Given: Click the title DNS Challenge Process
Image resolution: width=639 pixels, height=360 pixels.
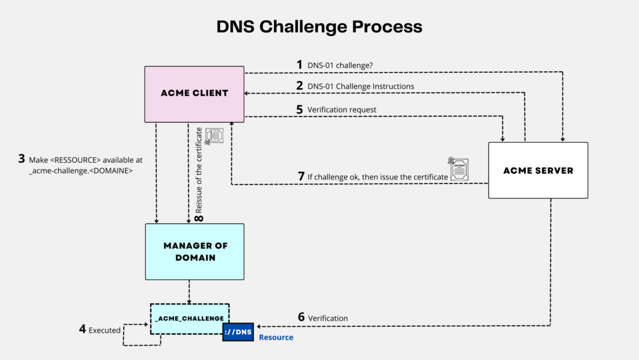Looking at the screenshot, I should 319,27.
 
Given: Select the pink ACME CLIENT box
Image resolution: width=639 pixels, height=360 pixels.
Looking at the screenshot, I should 194,94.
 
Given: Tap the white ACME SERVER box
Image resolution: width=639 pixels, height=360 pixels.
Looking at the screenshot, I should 538,170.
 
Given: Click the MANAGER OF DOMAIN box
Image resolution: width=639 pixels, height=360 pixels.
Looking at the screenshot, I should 194,252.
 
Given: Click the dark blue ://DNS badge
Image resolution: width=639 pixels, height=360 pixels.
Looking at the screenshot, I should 238,333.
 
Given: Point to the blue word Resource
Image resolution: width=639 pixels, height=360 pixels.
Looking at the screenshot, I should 276,337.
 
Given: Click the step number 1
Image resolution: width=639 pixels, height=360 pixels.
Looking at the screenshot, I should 299,64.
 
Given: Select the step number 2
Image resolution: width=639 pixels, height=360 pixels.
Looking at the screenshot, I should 299,86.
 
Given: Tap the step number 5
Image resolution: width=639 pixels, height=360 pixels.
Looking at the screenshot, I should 299,110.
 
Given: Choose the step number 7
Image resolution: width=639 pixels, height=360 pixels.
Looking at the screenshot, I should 301,176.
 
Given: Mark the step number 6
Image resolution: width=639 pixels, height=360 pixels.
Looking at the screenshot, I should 301,318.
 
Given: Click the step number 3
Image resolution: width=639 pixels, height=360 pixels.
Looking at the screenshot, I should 21,159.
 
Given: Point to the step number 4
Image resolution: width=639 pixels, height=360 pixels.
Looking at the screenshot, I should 82,329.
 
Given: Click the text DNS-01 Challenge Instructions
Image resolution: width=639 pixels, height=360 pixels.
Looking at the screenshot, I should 361,86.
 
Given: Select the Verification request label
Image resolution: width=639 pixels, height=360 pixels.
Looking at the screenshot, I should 341,110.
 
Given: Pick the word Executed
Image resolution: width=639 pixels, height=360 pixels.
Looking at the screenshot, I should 105,330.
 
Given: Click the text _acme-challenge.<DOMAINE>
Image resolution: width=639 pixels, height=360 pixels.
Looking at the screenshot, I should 80,171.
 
